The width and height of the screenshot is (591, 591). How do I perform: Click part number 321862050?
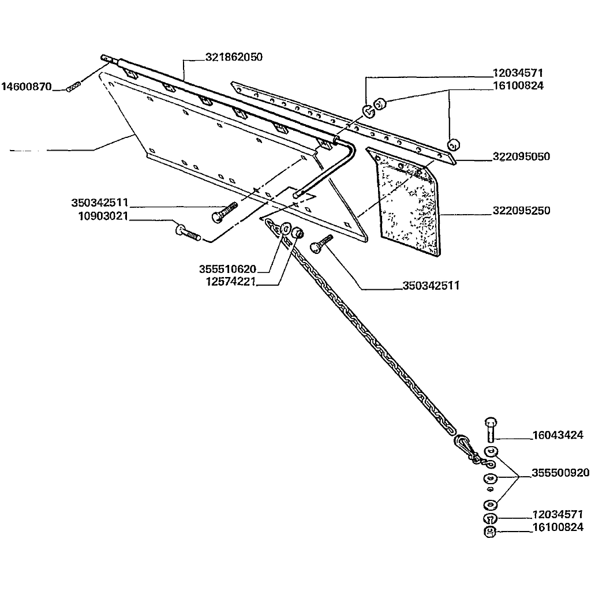coord(234,57)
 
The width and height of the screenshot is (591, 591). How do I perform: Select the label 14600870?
coord(26,87)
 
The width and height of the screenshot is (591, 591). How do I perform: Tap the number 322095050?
coord(521,156)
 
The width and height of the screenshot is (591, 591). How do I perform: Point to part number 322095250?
coord(521,211)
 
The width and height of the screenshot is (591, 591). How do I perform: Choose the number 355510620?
coord(227,269)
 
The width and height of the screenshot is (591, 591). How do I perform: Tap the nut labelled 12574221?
coord(298,233)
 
